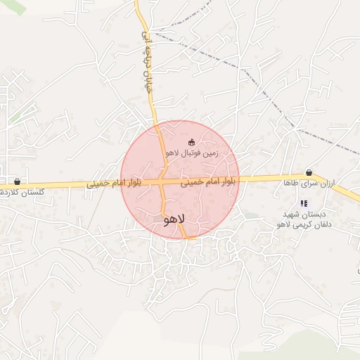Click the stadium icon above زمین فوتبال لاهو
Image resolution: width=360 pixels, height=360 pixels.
click(192, 142)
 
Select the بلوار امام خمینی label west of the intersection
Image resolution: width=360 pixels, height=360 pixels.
click(115, 184)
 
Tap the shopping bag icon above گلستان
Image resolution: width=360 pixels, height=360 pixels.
click(17, 181)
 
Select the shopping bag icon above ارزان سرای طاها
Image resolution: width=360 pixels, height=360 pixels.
click(309, 172)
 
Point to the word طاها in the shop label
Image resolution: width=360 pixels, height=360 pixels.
click(292, 183)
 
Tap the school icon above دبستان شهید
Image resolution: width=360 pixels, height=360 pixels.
click(304, 203)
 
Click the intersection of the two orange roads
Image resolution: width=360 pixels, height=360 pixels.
click(162, 181)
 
